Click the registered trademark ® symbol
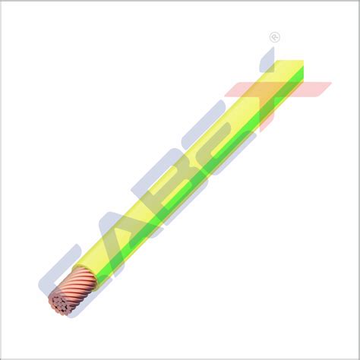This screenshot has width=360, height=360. (x=274, y=37)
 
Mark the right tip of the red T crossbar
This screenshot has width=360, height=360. (x=328, y=85)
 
